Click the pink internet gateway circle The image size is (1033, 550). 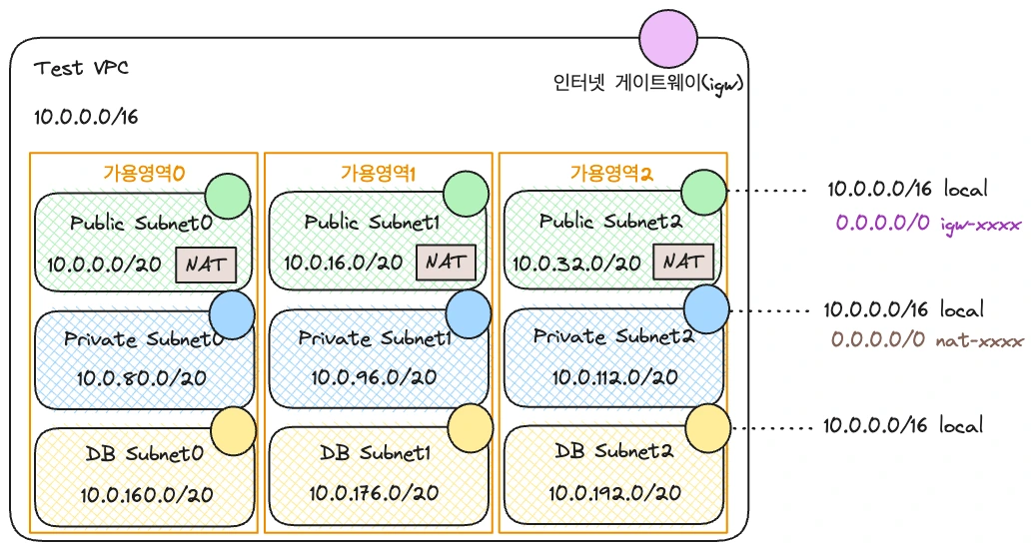pyautogui.click(x=668, y=38)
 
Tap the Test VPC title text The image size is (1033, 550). pyautogui.click(x=81, y=68)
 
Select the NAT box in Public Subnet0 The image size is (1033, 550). pyautogui.click(x=206, y=265)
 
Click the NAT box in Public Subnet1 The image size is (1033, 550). pyautogui.click(x=446, y=263)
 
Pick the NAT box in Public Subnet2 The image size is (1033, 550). pyautogui.click(x=683, y=262)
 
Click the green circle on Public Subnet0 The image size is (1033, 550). pyautogui.click(x=228, y=196)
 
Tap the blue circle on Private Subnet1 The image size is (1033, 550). pyautogui.click(x=469, y=313)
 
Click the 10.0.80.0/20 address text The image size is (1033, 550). pyautogui.click(x=142, y=378)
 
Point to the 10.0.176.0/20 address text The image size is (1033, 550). pyautogui.click(x=375, y=493)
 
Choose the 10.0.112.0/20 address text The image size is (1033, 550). pyautogui.click(x=614, y=377)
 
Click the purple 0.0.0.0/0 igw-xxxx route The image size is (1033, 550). pyautogui.click(x=928, y=224)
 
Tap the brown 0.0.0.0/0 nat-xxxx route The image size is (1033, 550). pyautogui.click(x=927, y=340)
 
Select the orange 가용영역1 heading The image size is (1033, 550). pyautogui.click(x=379, y=173)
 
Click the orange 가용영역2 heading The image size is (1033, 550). pyautogui.click(x=611, y=173)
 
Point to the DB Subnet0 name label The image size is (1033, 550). pyautogui.click(x=144, y=453)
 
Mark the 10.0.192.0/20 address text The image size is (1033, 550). pyautogui.click(x=614, y=493)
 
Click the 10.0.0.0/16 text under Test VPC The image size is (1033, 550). pyautogui.click(x=86, y=117)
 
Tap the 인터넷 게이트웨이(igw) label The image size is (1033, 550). pyautogui.click(x=649, y=84)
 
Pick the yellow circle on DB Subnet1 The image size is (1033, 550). pyautogui.click(x=471, y=427)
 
